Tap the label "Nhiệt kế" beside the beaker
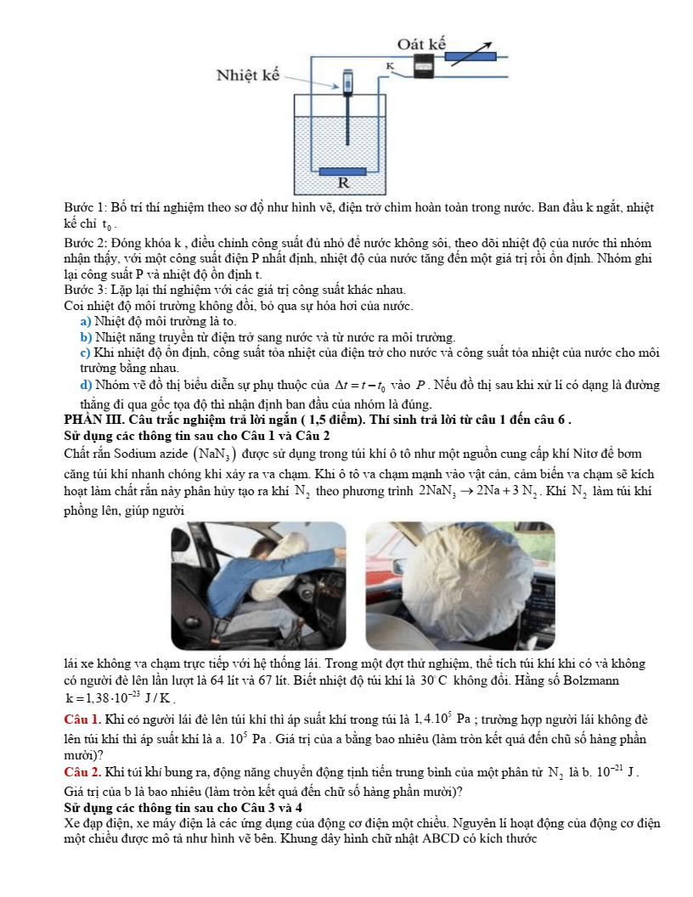click(248, 75)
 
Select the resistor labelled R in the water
click(343, 172)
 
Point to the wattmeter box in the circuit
click(422, 65)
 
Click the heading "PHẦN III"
click(93, 419)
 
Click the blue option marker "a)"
click(85, 321)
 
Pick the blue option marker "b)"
click(85, 336)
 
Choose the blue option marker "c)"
click(85, 352)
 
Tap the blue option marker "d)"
click(85, 385)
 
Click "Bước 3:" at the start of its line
click(84, 290)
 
